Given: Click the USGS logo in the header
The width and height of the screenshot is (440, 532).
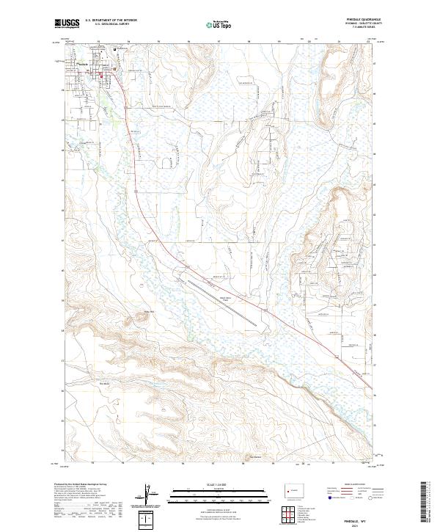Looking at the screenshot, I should point(67,24).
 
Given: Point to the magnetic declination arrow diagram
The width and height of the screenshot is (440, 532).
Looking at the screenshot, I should point(149,495).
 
